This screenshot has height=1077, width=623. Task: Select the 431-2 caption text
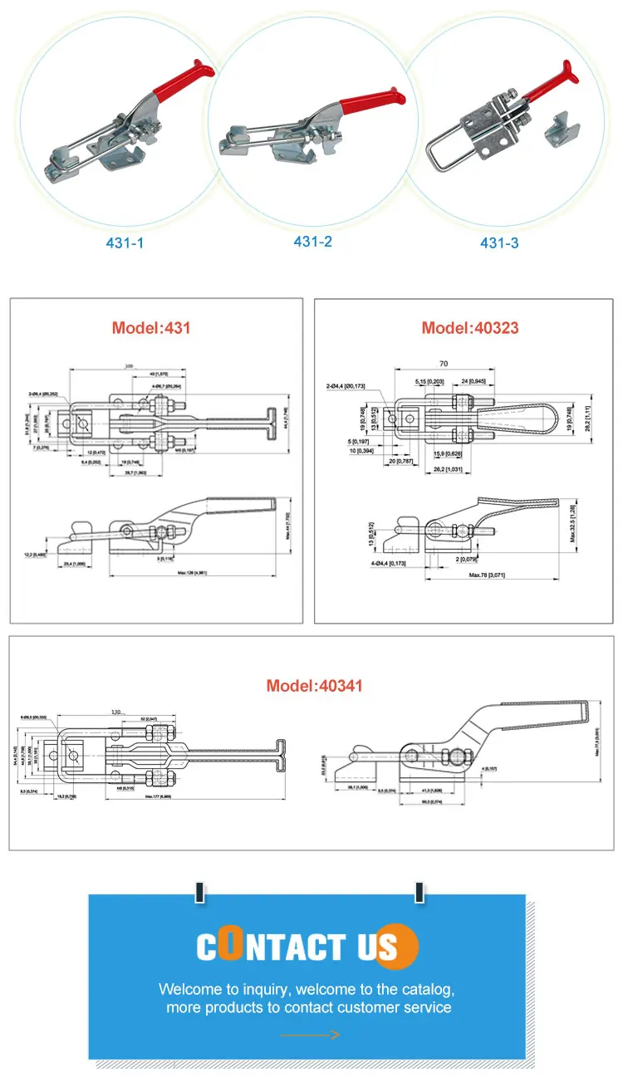(312, 242)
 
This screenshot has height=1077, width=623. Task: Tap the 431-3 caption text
(500, 243)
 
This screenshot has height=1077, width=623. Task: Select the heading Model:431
(151, 327)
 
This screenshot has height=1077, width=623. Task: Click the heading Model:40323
(469, 327)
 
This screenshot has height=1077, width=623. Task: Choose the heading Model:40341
(315, 686)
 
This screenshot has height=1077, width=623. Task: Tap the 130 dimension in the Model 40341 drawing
(118, 712)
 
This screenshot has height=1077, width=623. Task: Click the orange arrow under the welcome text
(310, 1035)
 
